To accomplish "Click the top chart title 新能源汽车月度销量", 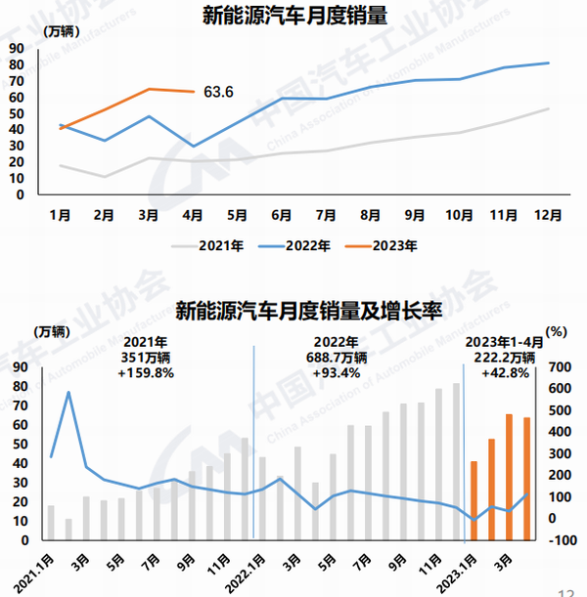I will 293,16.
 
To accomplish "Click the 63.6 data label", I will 219,92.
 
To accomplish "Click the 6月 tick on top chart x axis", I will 282,212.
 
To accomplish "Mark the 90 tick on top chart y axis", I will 17,48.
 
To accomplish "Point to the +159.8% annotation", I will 147,372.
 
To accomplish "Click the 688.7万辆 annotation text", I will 334,358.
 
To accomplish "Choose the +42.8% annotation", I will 496,372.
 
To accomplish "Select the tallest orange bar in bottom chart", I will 509,477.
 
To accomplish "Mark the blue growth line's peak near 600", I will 68,393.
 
